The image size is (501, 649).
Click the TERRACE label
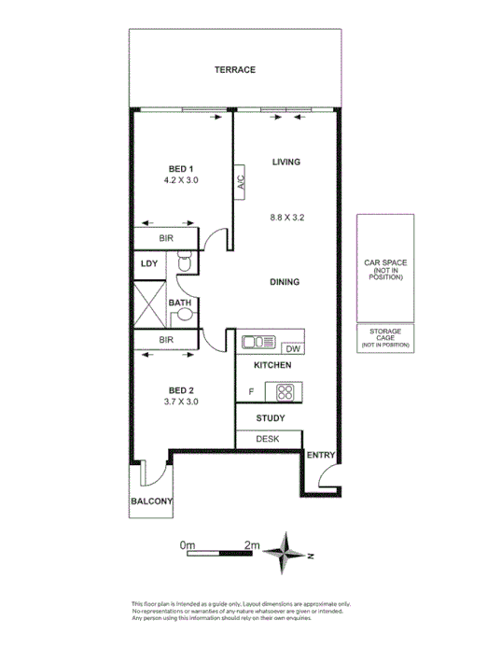coord(234,70)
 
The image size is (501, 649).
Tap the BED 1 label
coord(181,168)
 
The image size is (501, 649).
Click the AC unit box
coord(240,182)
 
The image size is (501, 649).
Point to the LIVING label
coord(285,162)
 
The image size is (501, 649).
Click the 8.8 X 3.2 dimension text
coord(287,218)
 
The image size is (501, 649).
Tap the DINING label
coord(285,282)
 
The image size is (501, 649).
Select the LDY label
coord(149,264)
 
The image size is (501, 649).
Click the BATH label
coord(179,303)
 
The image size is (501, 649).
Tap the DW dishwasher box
coord(292,348)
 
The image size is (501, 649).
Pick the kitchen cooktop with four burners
coord(284,392)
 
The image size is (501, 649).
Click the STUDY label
coord(270,417)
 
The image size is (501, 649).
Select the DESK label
coord(269,439)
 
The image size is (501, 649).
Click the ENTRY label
coord(320,455)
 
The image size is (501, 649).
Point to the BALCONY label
coord(152,501)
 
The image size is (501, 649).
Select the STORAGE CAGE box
coord(385,337)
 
